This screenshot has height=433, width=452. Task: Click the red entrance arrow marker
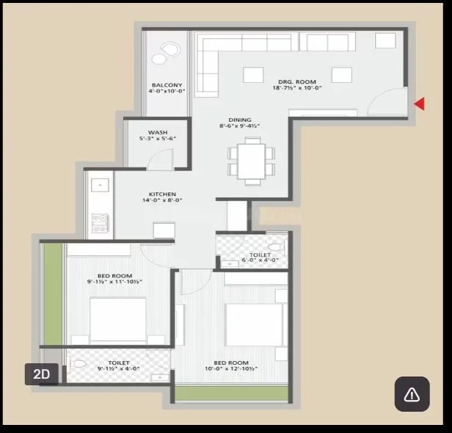tap(419, 104)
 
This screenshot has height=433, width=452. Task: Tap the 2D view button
tap(42, 374)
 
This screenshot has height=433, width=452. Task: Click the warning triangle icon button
tap(412, 394)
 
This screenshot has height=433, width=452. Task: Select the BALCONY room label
tap(167, 85)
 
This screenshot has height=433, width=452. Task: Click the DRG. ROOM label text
tap(296, 81)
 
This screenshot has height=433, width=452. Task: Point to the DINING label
tap(239, 120)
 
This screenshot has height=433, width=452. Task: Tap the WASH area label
tap(157, 133)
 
